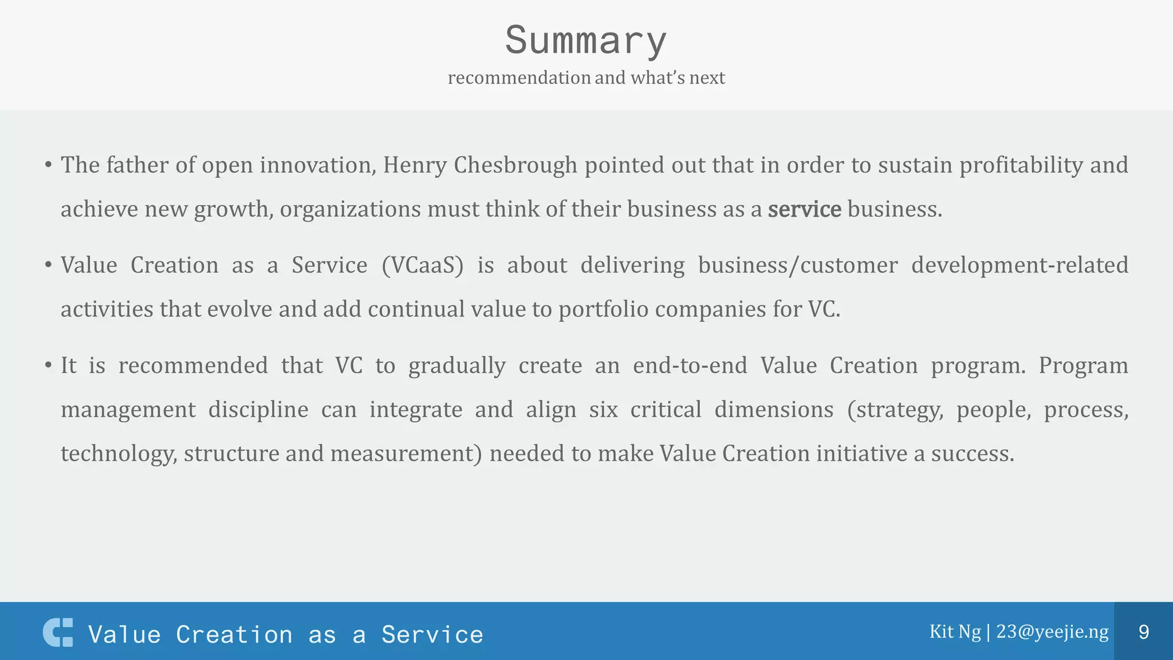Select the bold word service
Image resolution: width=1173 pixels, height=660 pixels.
[x=804, y=209]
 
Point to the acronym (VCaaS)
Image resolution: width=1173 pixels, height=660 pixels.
[x=422, y=265]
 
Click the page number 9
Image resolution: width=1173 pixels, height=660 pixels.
[x=1143, y=632]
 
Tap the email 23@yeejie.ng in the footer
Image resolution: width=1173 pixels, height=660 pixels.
[x=1052, y=631]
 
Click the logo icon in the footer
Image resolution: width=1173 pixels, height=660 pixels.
[x=58, y=632]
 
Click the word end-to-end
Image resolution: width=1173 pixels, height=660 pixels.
[x=690, y=366]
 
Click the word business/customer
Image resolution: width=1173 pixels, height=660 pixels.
[x=798, y=265]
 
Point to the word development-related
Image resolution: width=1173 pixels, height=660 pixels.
[x=1020, y=265]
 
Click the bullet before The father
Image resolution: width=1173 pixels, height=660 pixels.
[x=49, y=166]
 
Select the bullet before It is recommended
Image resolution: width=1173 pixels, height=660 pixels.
[x=49, y=366]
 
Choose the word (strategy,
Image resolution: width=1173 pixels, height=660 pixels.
[x=895, y=410]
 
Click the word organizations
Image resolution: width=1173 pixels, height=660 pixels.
[x=350, y=209]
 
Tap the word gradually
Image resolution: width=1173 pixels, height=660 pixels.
[x=456, y=366]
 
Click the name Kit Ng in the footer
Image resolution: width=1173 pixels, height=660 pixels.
[x=955, y=631]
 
